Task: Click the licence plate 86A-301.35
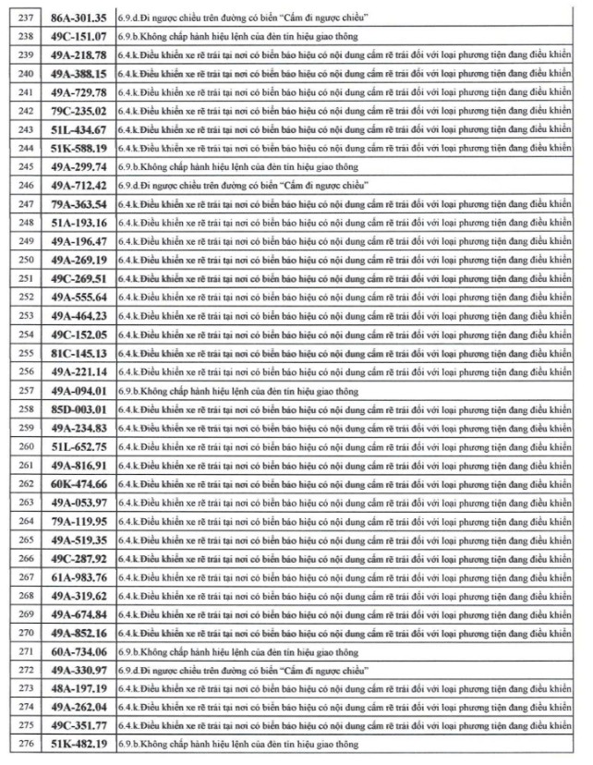tap(78, 18)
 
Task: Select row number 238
tap(19, 36)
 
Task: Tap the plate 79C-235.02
tap(78, 111)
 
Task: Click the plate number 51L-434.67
tap(78, 129)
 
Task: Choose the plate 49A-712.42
tap(78, 186)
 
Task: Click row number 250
tap(19, 260)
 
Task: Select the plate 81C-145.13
tap(78, 353)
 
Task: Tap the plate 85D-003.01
tap(78, 409)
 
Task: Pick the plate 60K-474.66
tap(78, 484)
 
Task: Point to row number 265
tap(19, 540)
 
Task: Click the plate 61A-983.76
tap(78, 577)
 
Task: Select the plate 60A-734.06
tap(78, 651)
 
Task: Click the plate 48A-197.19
tap(78, 688)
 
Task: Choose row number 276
tap(19, 745)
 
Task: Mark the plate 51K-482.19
tap(78, 745)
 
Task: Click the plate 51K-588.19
tap(78, 148)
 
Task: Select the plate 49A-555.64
tap(78, 297)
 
